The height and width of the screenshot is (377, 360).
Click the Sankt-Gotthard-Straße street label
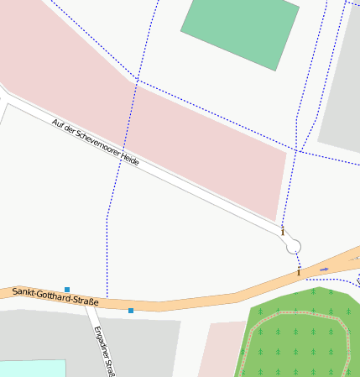55,296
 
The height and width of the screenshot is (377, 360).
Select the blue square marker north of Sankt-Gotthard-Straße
67,290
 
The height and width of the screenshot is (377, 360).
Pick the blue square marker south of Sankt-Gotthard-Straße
131,311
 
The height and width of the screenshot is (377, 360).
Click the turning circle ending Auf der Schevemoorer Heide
293,246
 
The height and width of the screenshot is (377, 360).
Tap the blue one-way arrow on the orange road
324,270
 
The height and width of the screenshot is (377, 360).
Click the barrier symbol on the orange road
298,272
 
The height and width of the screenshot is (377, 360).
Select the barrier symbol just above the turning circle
283,231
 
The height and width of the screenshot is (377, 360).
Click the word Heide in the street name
128,159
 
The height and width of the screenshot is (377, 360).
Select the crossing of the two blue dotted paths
137,81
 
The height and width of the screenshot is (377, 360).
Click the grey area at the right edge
344,101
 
